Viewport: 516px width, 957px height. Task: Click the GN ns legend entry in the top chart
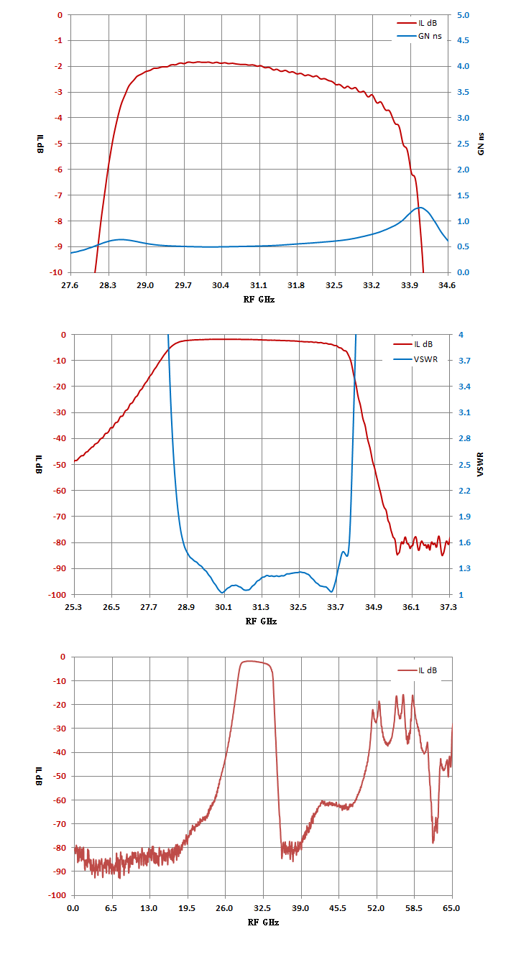pos(420,36)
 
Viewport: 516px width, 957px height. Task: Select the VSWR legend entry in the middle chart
pos(415,359)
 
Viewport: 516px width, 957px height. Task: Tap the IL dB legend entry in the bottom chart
pos(418,670)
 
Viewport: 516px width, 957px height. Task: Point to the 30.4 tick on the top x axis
pos(221,285)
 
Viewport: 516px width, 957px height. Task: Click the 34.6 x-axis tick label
pos(447,285)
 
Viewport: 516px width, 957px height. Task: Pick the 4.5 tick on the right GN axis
pos(463,40)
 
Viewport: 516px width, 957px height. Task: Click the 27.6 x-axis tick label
pos(70,285)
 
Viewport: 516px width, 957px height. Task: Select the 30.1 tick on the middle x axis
pos(224,607)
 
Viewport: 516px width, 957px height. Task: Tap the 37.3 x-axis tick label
pos(448,607)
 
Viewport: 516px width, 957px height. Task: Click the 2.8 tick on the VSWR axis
pos(465,438)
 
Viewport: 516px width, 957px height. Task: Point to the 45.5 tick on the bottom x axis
pos(338,908)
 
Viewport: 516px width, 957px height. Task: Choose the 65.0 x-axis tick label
pos(451,908)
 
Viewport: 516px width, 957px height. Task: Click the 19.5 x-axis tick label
pos(187,908)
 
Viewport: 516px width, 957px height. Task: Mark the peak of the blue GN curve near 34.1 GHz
pos(420,208)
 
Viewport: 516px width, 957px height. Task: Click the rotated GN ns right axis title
pos(481,144)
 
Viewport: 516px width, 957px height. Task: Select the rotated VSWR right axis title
pos(481,464)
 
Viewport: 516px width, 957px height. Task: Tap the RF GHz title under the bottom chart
pos(263,923)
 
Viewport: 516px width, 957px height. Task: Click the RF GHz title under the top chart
pos(259,300)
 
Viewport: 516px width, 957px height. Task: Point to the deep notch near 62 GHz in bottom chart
pos(433,843)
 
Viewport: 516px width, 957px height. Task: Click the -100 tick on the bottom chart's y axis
pos(58,895)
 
